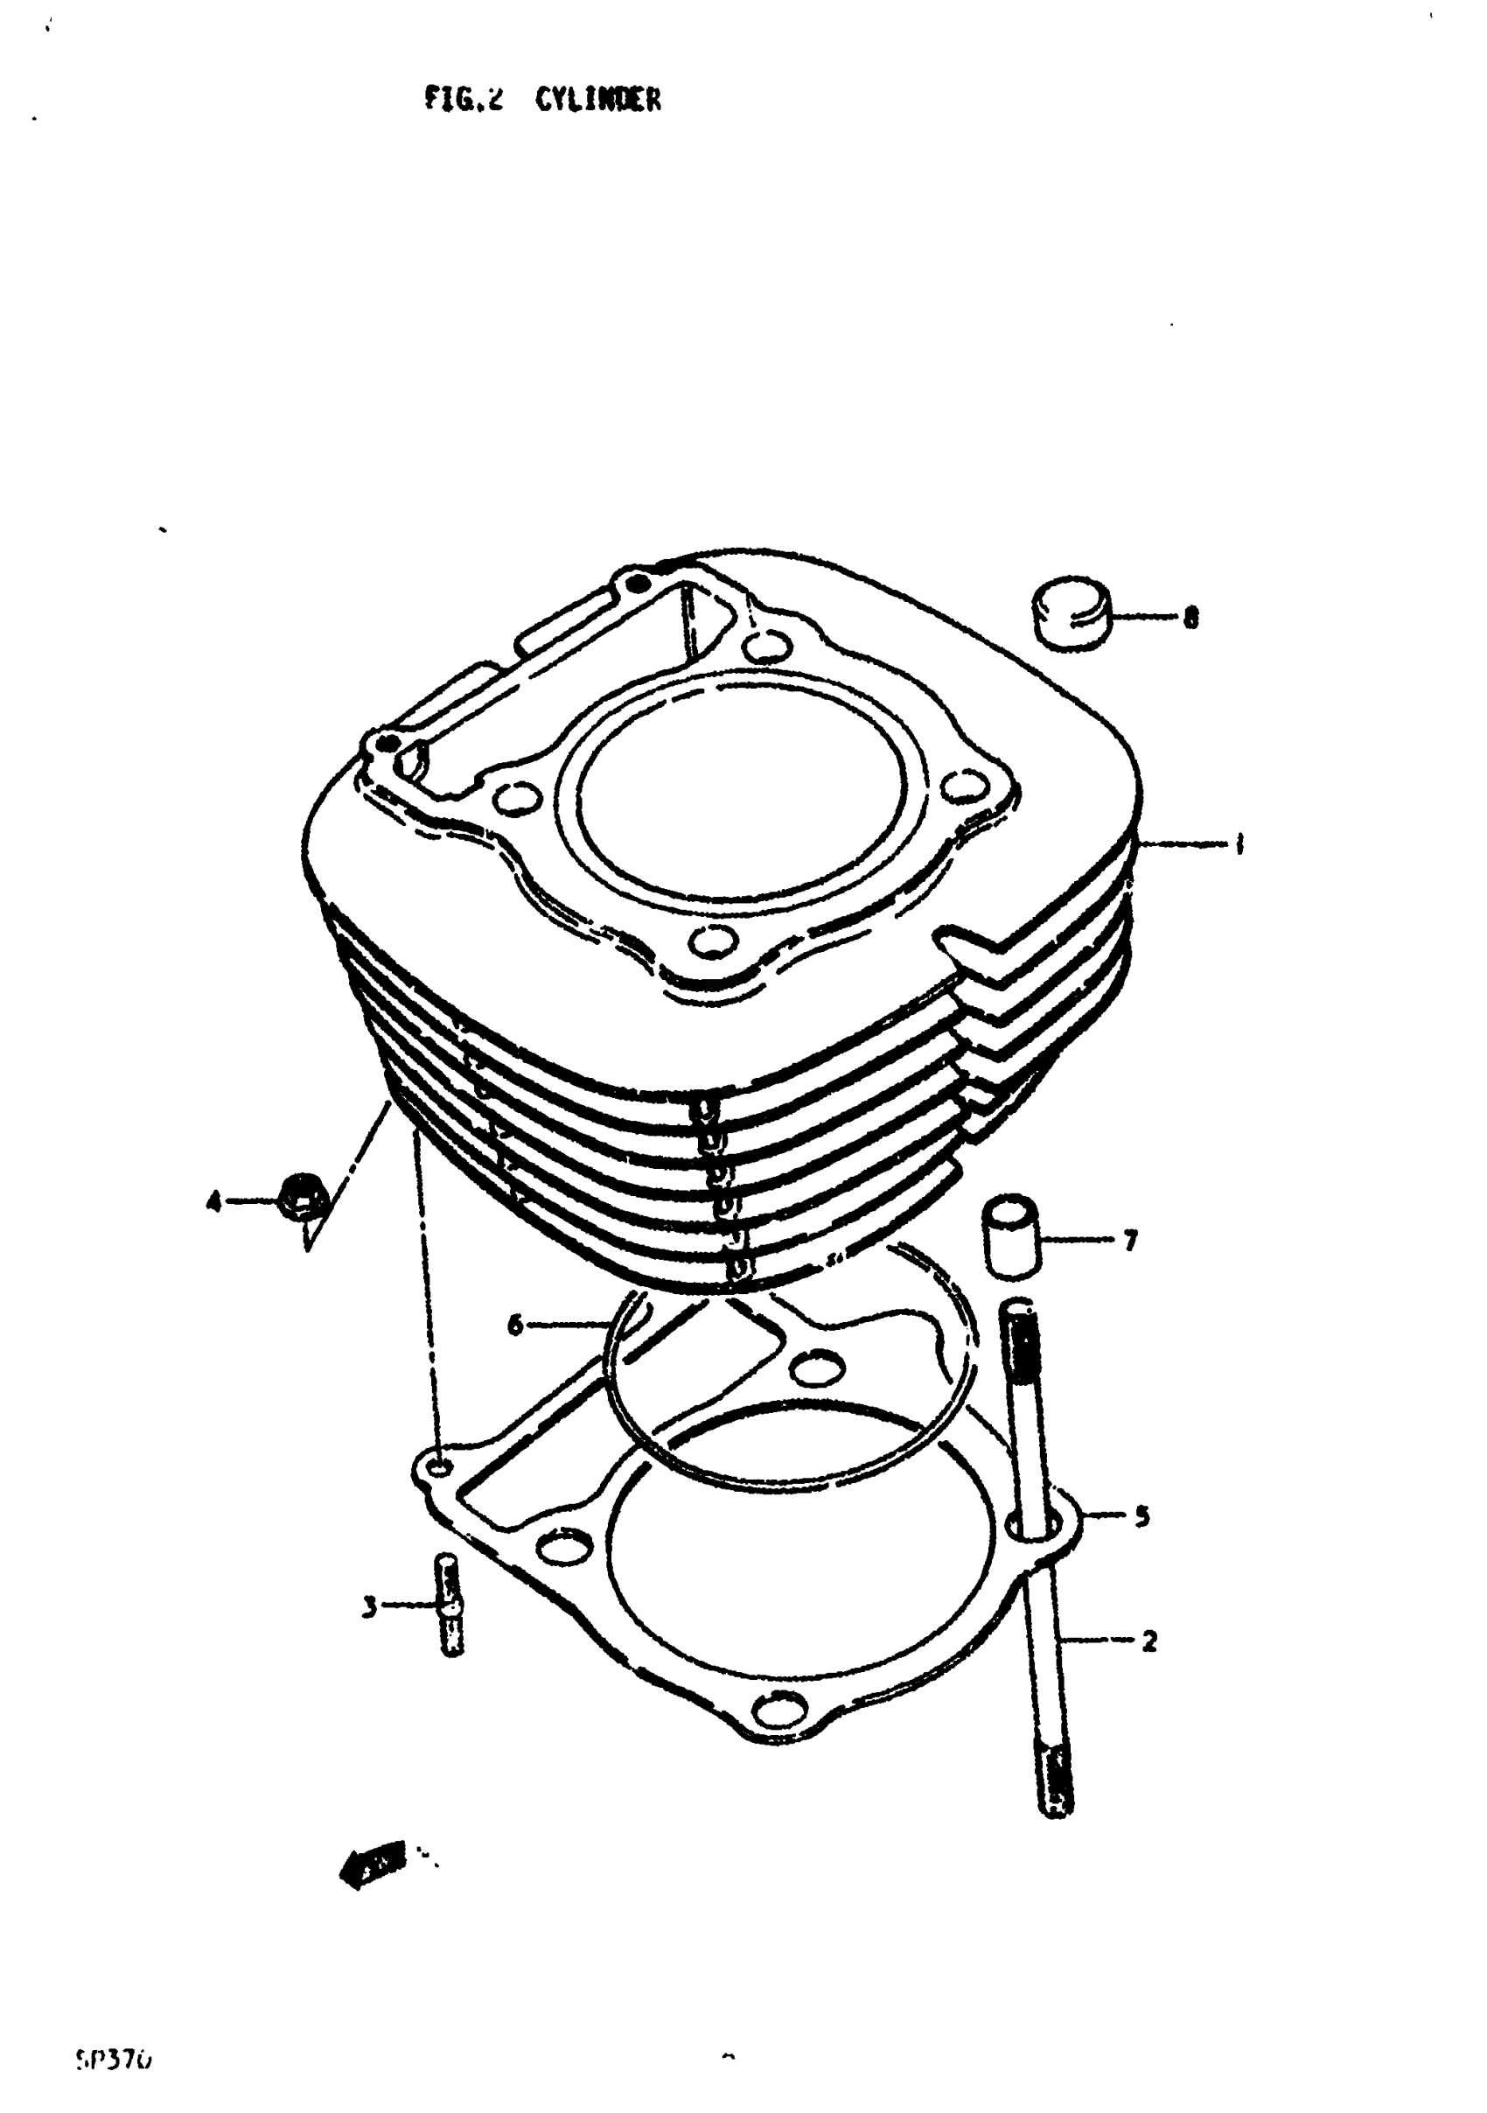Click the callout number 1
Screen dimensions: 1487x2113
(x=1239, y=843)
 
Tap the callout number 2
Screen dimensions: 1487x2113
(x=1148, y=1640)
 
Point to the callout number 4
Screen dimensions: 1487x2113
(x=213, y=1201)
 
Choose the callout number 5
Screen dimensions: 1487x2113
(x=1142, y=1515)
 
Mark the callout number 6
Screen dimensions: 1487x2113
(x=514, y=1326)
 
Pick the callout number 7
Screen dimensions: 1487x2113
(x=1131, y=1241)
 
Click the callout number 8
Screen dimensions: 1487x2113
(x=1190, y=619)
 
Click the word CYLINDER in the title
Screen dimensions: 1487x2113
(x=598, y=100)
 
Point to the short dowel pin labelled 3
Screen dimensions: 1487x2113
(x=447, y=1604)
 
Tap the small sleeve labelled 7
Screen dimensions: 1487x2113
(x=1011, y=1235)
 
